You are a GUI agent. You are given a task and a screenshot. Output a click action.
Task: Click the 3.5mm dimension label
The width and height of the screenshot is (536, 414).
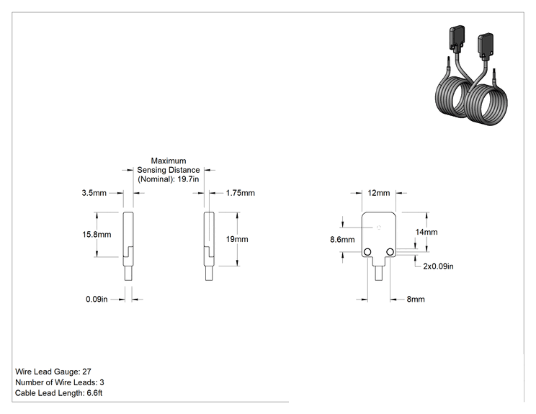click(94, 193)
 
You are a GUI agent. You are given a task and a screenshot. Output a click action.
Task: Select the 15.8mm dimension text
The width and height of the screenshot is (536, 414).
click(97, 235)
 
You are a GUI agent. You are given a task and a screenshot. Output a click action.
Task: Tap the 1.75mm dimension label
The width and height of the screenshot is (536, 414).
click(241, 193)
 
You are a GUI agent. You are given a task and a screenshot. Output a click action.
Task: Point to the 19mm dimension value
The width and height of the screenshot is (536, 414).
click(237, 239)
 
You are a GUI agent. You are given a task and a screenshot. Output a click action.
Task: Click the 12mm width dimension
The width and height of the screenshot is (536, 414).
click(379, 193)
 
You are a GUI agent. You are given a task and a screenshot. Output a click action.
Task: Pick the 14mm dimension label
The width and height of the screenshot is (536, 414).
click(426, 233)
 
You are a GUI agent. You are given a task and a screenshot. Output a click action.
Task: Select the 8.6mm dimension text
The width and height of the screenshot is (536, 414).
click(342, 240)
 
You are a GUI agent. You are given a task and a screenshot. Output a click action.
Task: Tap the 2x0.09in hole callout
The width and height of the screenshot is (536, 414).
click(438, 266)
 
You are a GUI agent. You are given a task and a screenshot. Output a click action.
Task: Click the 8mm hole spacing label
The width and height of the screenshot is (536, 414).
click(416, 300)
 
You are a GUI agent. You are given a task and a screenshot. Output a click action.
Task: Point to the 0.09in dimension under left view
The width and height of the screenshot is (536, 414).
click(97, 300)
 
